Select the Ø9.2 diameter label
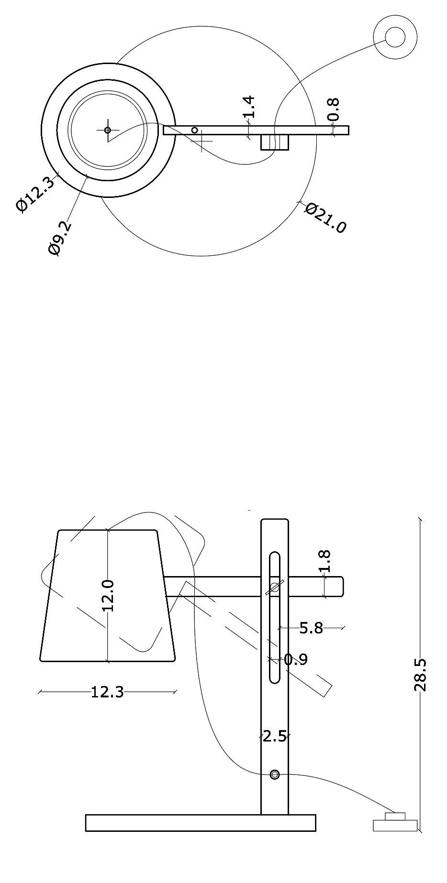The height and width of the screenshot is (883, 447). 60,238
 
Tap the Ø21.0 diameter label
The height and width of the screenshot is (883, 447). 325,218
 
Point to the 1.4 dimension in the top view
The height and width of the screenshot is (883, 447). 248,107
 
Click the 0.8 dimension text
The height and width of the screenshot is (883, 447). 333,109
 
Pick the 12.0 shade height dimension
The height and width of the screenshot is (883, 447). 108,595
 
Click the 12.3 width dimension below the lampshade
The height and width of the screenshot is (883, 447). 107,692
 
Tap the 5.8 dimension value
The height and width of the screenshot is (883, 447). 311,628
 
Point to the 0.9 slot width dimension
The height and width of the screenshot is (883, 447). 296,660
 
